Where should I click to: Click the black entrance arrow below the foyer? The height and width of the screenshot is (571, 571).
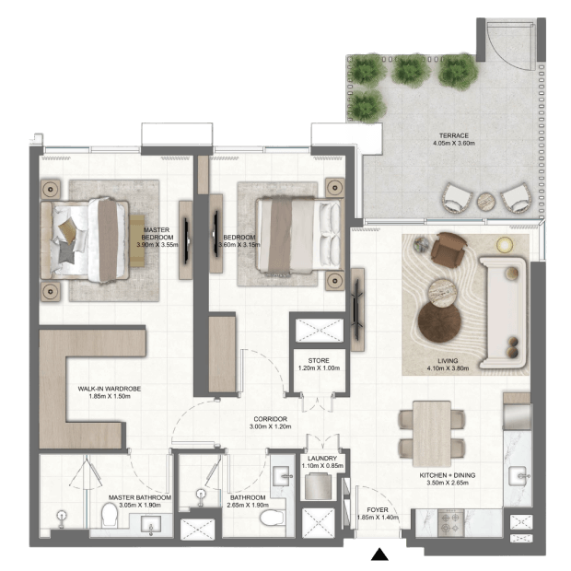click(x=379, y=554)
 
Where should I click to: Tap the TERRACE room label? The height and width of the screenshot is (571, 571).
click(x=454, y=135)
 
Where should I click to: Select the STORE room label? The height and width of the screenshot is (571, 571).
click(x=319, y=360)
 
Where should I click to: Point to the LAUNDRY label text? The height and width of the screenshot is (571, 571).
click(x=322, y=458)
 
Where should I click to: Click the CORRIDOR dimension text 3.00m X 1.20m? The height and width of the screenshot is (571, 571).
click(x=270, y=426)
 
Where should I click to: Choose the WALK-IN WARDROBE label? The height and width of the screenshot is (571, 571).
click(x=110, y=389)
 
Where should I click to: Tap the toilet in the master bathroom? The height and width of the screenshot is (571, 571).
click(x=110, y=515)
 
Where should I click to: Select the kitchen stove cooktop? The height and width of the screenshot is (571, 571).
click(x=451, y=523)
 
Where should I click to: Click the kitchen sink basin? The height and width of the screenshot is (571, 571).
click(x=517, y=476)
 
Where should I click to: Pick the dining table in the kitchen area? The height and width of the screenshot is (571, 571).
click(x=432, y=434)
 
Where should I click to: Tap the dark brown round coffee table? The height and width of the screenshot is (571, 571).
click(x=439, y=322)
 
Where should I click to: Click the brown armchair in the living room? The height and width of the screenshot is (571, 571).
click(x=448, y=250)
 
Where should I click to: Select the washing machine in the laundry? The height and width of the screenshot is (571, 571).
click(x=319, y=486)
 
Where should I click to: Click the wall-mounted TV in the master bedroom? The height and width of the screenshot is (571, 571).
click(x=187, y=240)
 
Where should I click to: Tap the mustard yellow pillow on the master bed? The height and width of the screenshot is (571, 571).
click(x=67, y=230)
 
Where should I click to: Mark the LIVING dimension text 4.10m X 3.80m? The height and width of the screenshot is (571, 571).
click(x=448, y=368)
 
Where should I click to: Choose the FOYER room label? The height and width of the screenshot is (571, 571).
click(x=378, y=510)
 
